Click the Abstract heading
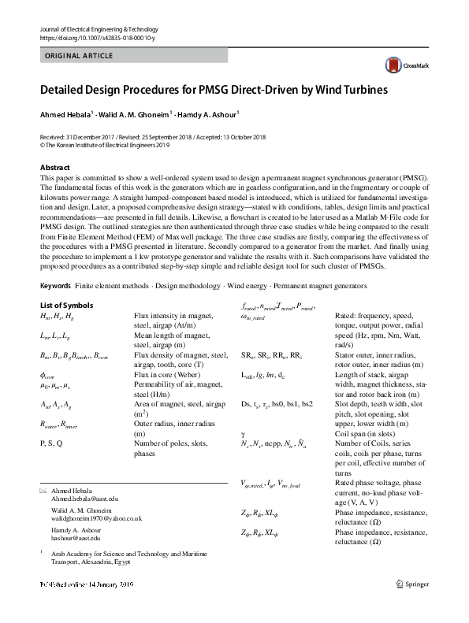click(x=57, y=168)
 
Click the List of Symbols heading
click(x=67, y=305)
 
